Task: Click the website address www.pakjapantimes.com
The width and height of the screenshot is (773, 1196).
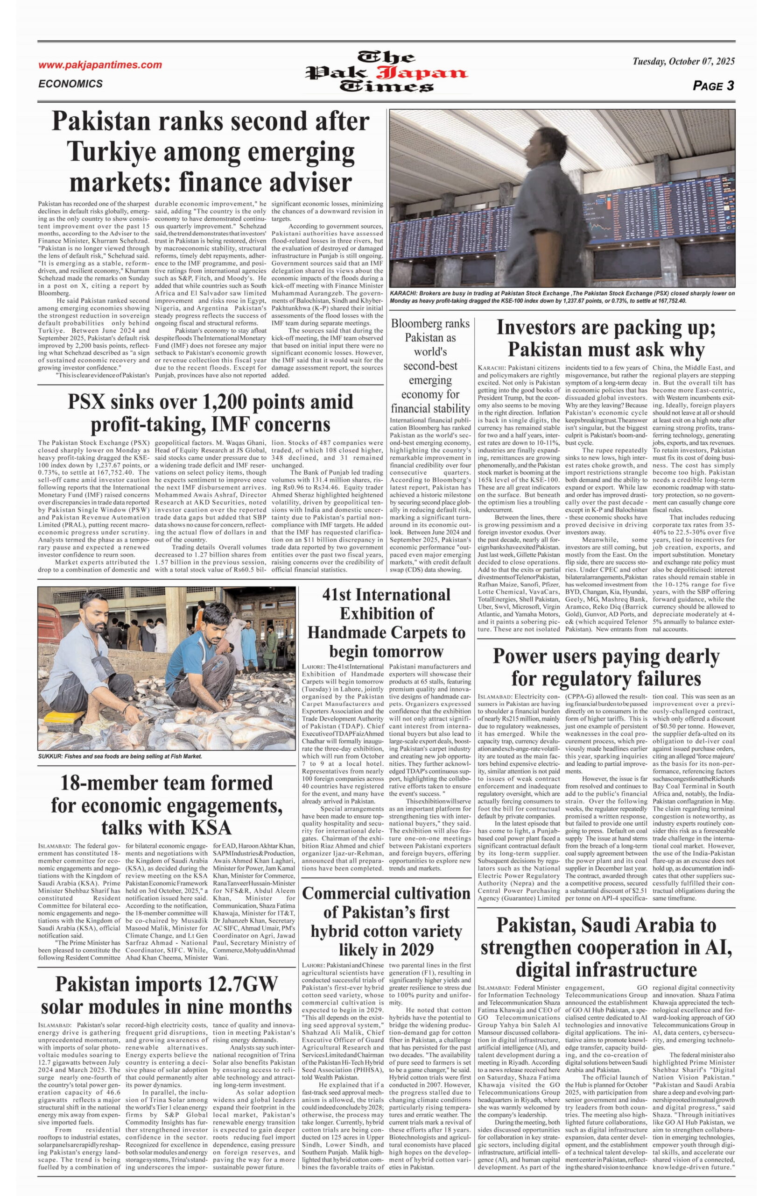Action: click(100, 65)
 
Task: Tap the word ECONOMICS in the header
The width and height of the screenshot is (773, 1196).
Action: click(70, 84)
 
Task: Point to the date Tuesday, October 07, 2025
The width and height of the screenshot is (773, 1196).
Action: click(683, 61)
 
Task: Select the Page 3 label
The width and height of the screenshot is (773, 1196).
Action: click(713, 86)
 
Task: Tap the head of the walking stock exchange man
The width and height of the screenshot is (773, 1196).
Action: click(544, 149)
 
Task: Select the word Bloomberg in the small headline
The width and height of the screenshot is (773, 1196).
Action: click(430, 323)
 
